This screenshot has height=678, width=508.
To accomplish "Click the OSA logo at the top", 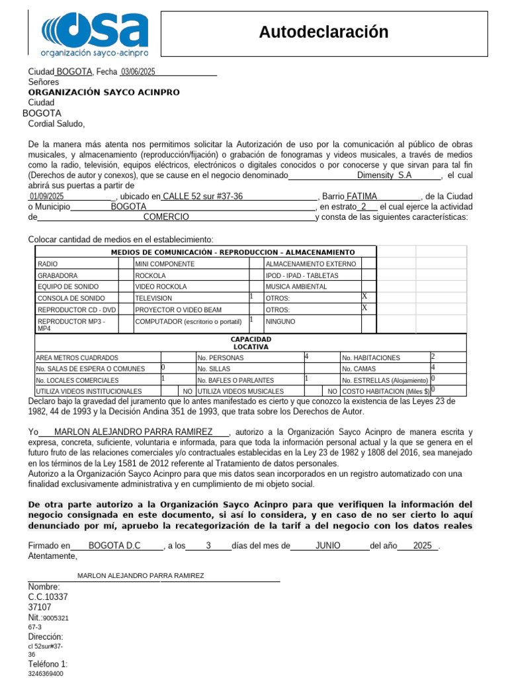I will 95,33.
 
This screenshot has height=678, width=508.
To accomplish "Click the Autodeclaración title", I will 323,32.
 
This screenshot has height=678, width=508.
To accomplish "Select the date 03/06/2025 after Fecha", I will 138,72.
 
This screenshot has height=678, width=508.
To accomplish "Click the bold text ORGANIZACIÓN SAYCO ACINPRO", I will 104,93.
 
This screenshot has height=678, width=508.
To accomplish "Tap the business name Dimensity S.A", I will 384,175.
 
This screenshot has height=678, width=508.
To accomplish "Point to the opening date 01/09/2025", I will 46,197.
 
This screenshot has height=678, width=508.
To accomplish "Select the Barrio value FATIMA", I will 362,197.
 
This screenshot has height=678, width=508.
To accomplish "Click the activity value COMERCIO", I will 166,217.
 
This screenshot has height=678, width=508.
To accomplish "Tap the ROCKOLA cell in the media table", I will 151,275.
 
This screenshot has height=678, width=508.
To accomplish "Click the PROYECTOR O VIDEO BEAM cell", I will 168,309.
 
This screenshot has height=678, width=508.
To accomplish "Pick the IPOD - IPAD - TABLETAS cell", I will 302,275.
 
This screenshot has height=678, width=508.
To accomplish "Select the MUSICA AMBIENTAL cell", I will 296,287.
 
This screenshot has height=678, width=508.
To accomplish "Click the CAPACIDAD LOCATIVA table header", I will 251,342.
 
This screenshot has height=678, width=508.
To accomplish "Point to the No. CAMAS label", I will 359,369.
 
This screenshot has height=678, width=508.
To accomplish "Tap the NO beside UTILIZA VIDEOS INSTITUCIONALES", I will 188,391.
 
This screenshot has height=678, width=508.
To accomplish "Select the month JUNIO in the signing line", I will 328,546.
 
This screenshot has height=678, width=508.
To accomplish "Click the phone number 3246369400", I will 46,673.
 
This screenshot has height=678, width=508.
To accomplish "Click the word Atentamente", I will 53,557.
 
